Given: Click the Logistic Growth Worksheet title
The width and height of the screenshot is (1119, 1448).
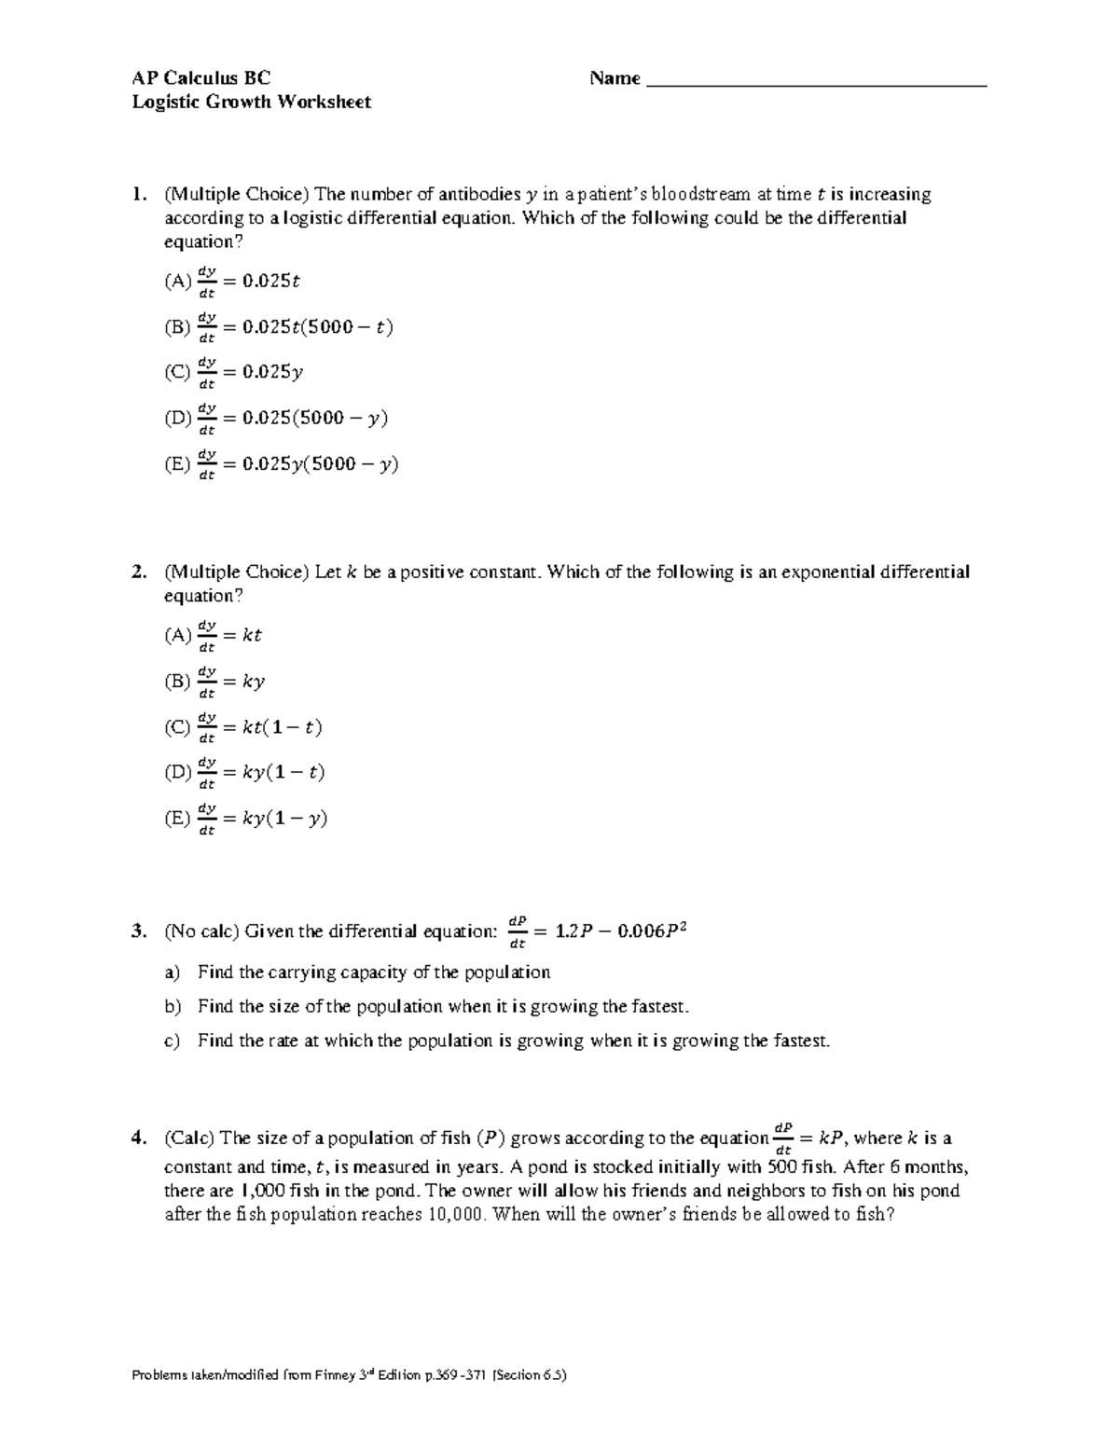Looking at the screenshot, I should click(251, 102).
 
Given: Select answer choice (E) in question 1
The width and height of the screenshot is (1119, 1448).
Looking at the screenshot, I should click(281, 463).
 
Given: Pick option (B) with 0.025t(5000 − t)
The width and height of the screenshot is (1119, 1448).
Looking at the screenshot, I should click(279, 327).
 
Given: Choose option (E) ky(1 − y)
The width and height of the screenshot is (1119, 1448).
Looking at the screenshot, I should click(246, 819).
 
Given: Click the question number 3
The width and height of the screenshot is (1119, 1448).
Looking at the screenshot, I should click(138, 931).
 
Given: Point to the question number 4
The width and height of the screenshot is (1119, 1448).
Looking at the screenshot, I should click(138, 1138).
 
